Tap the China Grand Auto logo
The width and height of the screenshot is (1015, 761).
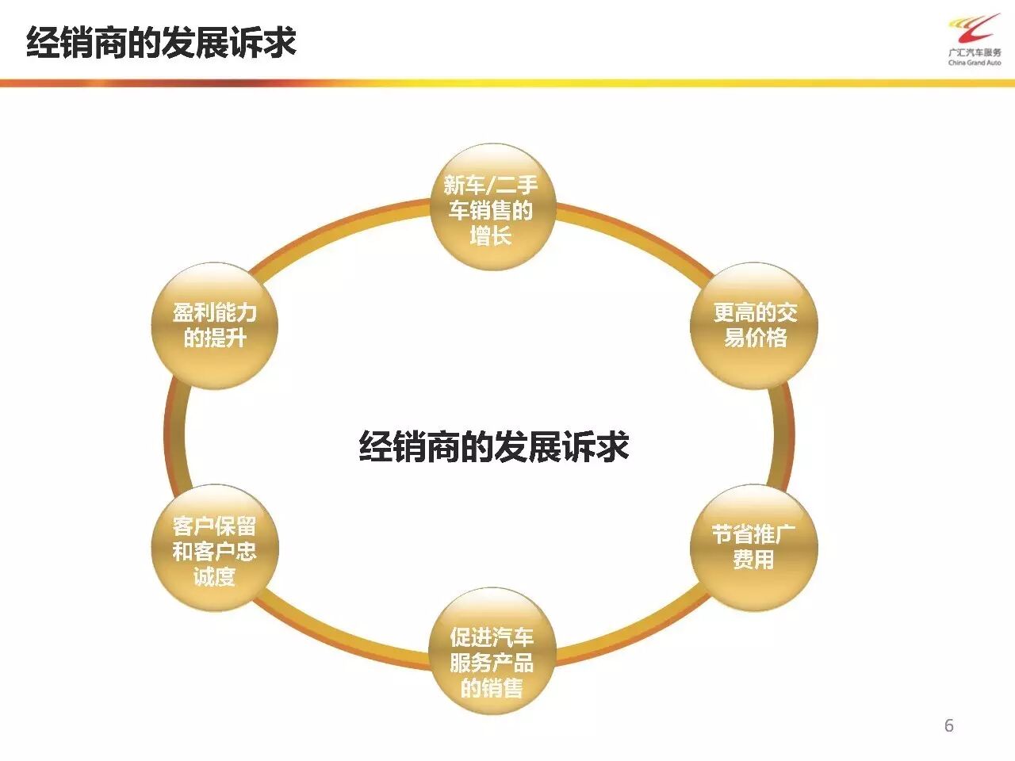coord(975,32)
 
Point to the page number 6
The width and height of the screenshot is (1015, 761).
coord(948,725)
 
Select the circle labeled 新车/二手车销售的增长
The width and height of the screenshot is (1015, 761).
coord(492,208)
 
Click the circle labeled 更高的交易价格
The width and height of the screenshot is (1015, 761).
coord(754,326)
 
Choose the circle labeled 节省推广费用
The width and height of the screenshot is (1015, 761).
coord(753,547)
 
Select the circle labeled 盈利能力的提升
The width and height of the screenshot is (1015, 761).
coord(214,326)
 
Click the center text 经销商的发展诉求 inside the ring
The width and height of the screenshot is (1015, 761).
coord(494,446)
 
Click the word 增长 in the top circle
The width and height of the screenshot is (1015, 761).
coord(491,235)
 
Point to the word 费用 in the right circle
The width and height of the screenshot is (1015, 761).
coord(753,560)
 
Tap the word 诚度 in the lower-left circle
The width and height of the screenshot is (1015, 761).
coord(214,576)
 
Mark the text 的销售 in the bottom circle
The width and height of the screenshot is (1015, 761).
coord(492,687)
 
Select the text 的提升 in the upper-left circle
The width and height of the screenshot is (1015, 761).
coord(215,338)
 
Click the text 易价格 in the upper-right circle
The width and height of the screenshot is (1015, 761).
coord(755,338)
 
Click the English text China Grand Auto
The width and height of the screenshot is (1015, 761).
coord(975,63)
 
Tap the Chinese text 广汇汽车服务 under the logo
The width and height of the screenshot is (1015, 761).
coord(975,53)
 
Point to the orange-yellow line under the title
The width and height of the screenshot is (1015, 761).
coord(507,82)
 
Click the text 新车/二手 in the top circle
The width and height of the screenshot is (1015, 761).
coord(491,185)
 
